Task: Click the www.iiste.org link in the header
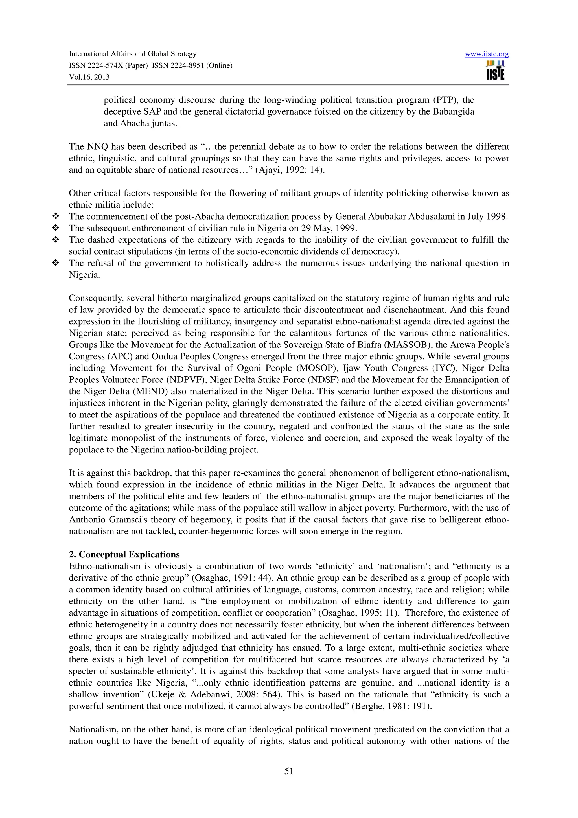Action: pos(487,54)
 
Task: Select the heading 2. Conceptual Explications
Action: pos(124,555)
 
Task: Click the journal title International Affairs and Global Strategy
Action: pos(132,54)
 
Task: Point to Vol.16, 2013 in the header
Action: pos(89,77)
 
